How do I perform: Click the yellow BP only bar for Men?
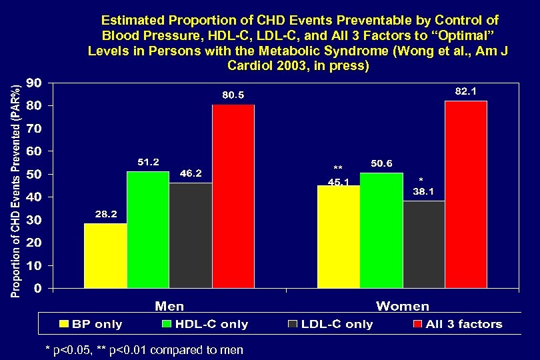point(105,256)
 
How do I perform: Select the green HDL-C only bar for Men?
point(147,230)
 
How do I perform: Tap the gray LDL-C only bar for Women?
point(423,245)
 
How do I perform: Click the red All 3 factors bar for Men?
point(233,197)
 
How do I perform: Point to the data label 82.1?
point(465,91)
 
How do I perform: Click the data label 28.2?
point(105,214)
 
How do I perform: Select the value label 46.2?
point(191,173)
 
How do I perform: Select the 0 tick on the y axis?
point(38,289)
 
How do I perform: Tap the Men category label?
point(170,306)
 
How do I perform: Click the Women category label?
point(403,306)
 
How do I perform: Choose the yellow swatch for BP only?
point(64,325)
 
